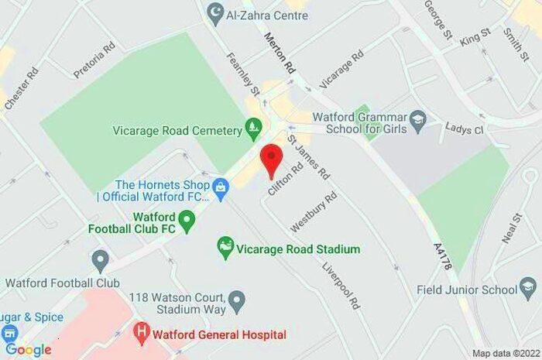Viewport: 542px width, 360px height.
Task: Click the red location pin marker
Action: (x=270, y=159)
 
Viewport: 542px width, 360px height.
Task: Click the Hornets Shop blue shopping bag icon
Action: (x=221, y=187)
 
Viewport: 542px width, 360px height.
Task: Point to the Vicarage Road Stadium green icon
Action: (x=225, y=249)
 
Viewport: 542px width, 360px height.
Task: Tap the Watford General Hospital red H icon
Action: (x=141, y=334)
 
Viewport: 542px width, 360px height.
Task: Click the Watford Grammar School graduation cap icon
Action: (x=418, y=118)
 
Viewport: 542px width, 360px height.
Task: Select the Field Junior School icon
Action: (x=529, y=290)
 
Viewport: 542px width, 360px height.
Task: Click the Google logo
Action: (x=28, y=349)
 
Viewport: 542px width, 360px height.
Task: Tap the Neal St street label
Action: (x=512, y=229)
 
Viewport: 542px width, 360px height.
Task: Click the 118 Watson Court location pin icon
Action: (x=238, y=298)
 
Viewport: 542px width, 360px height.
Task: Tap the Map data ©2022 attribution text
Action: (x=504, y=353)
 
